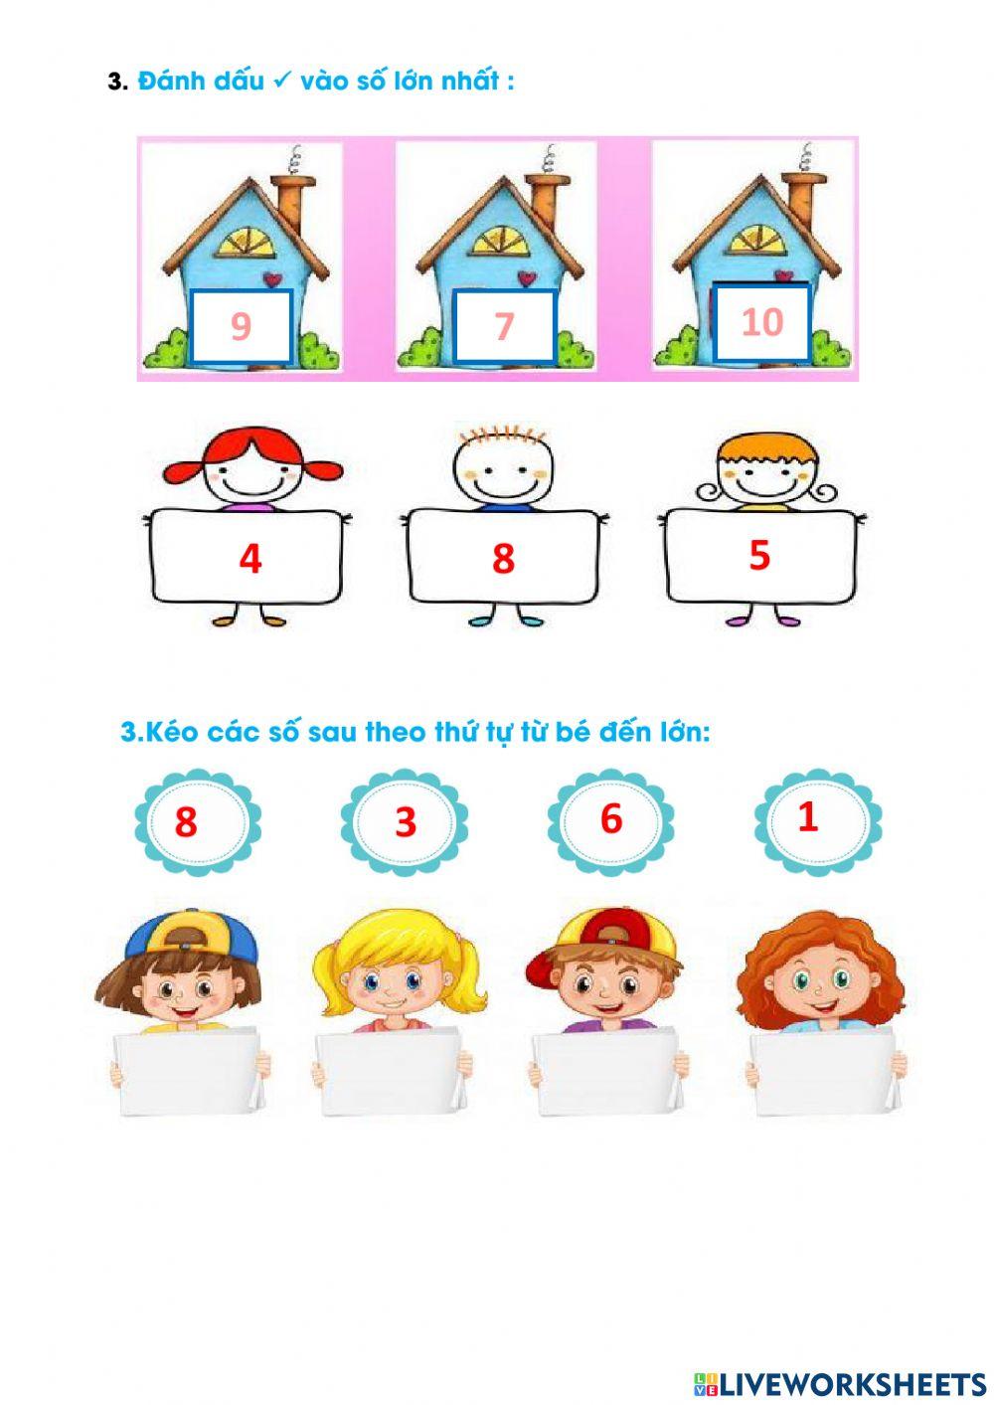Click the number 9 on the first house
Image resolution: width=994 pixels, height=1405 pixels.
[241, 326]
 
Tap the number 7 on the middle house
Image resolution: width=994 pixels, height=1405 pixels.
[504, 326]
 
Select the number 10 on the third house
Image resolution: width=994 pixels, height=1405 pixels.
[762, 321]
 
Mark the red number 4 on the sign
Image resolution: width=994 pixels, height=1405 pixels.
[249, 559]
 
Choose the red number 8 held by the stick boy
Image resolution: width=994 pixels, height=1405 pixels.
[503, 559]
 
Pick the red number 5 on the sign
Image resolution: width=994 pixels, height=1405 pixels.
[759, 555]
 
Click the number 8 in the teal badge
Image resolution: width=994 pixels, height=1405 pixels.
[186, 822]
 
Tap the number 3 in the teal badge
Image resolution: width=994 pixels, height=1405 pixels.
[405, 822]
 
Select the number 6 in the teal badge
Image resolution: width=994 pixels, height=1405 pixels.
[611, 818]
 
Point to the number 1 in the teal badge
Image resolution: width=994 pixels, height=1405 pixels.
[808, 816]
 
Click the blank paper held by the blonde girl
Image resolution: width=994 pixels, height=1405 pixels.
[391, 1074]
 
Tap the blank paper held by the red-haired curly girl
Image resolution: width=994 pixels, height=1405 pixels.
[823, 1074]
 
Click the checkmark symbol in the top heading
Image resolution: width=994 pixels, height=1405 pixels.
[281, 81]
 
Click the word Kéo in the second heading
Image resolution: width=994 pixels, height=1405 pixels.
[167, 733]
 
